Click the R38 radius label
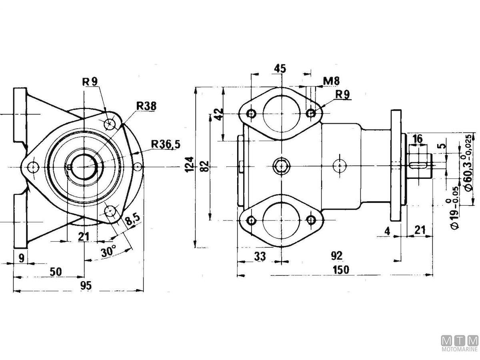146,106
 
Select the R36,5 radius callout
166,144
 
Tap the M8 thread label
332,81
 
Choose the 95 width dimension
86,285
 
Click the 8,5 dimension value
132,220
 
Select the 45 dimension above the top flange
280,68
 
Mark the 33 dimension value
260,256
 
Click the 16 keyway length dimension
417,139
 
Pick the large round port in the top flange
282,113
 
